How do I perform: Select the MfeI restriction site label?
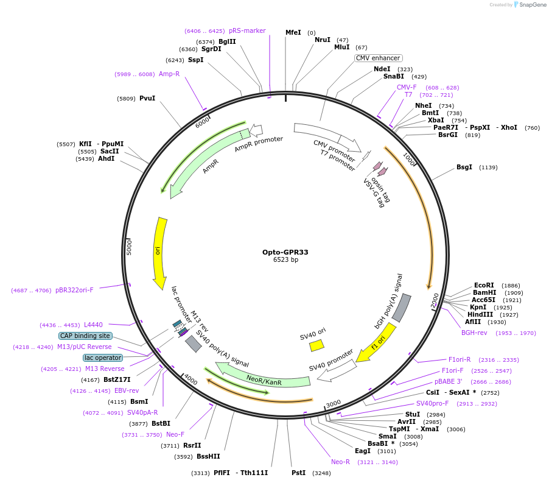(293, 32)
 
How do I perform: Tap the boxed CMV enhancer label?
(378, 58)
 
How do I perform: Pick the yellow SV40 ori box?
(316, 345)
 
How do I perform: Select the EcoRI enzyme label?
(484, 285)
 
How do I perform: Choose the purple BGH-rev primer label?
(474, 333)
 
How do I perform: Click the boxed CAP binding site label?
(85, 336)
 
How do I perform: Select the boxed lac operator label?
(103, 358)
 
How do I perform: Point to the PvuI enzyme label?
(147, 98)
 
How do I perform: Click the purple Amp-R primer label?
(169, 74)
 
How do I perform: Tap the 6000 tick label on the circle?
(202, 122)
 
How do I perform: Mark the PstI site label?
(298, 473)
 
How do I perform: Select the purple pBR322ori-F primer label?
(74, 290)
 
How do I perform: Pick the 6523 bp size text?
(285, 260)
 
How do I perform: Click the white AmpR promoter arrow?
(256, 129)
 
